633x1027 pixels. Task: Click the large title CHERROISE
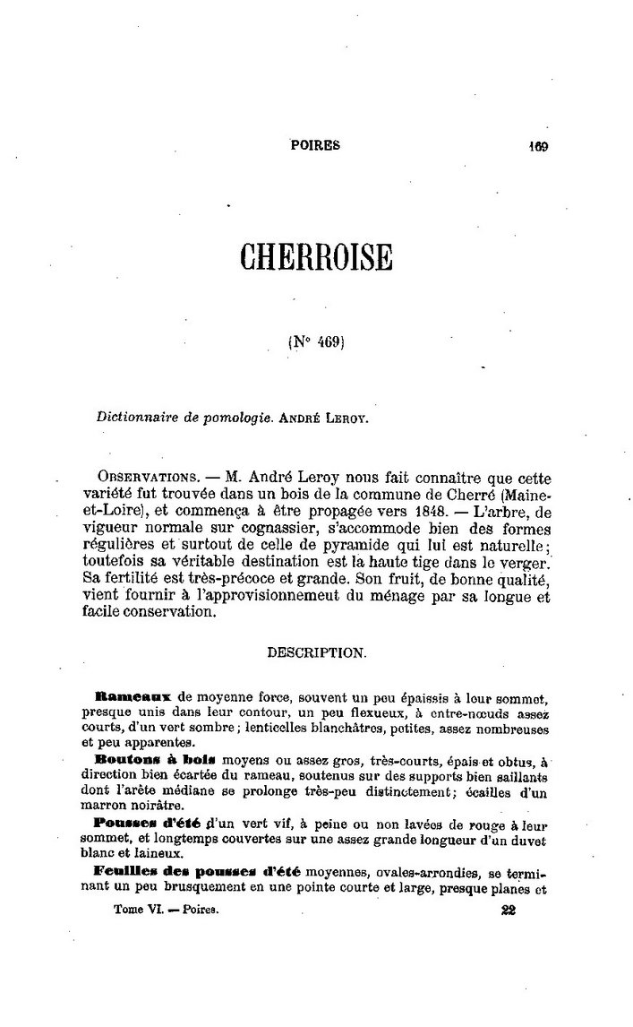coord(316,256)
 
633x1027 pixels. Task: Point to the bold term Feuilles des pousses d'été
coord(197,871)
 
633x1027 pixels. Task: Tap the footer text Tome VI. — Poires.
coord(167,909)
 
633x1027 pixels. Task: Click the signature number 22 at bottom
coord(509,909)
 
